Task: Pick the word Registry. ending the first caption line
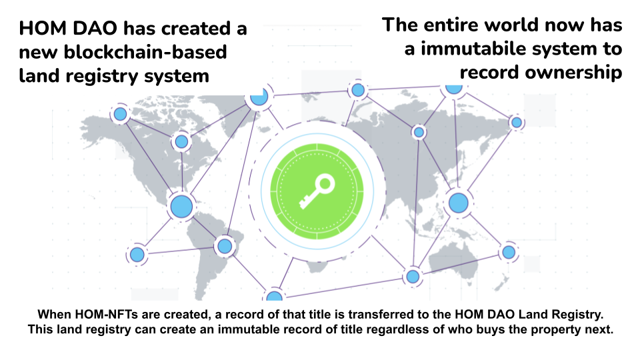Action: [578, 314]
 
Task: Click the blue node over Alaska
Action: [120, 114]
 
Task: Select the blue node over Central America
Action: [180, 206]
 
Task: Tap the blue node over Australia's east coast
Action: [509, 252]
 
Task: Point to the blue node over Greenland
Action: [257, 98]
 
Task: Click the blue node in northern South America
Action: [225, 246]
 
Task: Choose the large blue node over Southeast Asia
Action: [458, 202]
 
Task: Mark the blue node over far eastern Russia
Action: [516, 122]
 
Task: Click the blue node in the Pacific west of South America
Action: [137, 254]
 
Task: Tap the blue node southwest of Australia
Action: [413, 275]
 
